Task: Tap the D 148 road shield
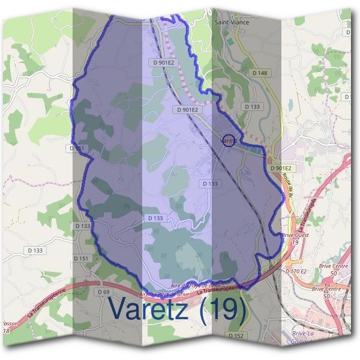coord(260,73)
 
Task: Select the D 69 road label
coord(103,292)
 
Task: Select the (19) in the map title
coord(223,310)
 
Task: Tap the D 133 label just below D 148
coord(253,106)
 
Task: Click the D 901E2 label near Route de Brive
coord(280,169)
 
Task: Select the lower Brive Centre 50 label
coord(326,292)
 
